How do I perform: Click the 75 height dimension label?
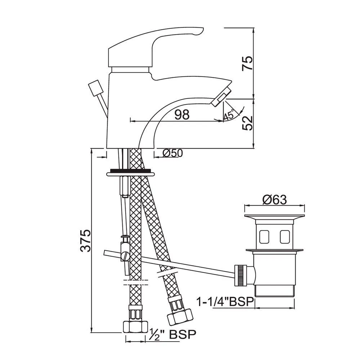[248, 63]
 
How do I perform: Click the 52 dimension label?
[248, 123]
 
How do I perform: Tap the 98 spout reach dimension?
[182, 114]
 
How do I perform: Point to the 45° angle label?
[229, 114]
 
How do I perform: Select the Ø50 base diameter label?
[172, 153]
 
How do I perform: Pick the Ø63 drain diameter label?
[275, 200]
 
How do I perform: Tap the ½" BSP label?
[173, 334]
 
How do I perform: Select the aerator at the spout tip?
[221, 97]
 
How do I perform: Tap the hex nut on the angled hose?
[179, 317]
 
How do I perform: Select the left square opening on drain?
[264, 237]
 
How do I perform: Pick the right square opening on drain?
[285, 237]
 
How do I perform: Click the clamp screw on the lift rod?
[126, 255]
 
